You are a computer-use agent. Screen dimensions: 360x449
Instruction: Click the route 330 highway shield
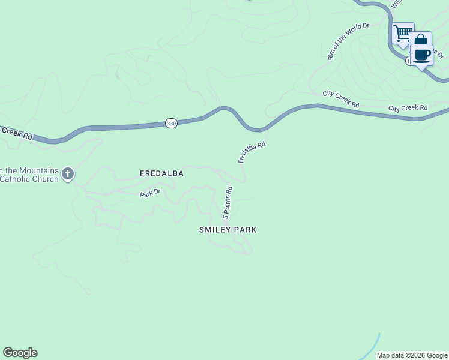[x=171, y=124]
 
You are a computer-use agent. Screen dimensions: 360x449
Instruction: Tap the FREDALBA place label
[x=161, y=173]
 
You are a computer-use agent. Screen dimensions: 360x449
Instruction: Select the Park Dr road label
[x=151, y=193]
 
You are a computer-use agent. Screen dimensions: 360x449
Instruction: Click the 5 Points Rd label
[x=228, y=203]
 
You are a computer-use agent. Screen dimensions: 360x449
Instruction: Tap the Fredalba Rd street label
[x=252, y=152]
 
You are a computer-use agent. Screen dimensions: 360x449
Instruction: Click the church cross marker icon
[x=68, y=175]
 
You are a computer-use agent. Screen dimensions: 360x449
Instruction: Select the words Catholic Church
[x=29, y=179]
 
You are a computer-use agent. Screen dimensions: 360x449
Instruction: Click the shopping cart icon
[x=403, y=34]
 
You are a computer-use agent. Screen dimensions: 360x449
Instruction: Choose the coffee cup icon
[x=421, y=55]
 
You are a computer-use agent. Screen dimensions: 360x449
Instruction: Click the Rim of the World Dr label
[x=348, y=41]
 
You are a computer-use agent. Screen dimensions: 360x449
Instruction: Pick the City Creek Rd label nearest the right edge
[x=408, y=108]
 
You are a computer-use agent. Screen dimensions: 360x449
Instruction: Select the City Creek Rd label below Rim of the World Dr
[x=340, y=99]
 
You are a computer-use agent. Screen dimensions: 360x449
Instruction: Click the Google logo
[x=20, y=353]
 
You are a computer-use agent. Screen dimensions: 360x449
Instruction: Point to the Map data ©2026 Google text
[x=411, y=355]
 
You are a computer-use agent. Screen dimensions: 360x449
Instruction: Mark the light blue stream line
[x=370, y=348]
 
